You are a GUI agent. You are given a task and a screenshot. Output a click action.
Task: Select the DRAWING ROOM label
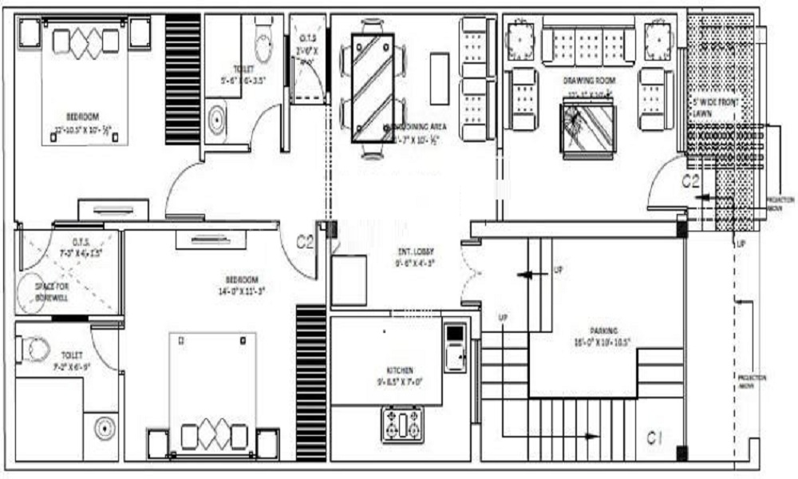[589, 81]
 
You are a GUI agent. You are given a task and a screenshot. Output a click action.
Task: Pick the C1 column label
[655, 437]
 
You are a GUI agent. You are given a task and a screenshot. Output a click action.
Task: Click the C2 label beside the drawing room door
[691, 182]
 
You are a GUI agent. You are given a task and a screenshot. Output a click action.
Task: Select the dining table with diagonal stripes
[373, 88]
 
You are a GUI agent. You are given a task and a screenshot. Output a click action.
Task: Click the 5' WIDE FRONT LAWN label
[715, 109]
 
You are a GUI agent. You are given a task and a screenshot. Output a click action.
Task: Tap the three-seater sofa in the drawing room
[589, 46]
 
